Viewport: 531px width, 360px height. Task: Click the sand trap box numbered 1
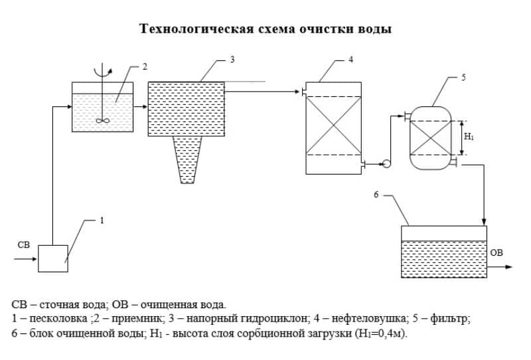point(53,258)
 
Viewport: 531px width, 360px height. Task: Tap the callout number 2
point(145,67)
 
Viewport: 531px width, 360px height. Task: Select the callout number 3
point(232,60)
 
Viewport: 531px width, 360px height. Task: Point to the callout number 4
point(350,59)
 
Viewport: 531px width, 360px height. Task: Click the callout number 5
point(463,77)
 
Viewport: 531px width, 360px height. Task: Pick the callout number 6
point(376,195)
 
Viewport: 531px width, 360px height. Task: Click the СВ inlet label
point(24,244)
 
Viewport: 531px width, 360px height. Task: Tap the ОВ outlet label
point(496,252)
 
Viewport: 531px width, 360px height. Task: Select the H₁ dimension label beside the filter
point(469,137)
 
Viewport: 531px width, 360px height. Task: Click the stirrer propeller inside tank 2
point(102,120)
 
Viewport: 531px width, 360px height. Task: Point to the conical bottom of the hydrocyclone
point(187,160)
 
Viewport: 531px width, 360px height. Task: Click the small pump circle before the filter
point(386,164)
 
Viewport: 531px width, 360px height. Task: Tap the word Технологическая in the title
point(196,29)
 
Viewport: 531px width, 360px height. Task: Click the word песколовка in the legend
point(58,319)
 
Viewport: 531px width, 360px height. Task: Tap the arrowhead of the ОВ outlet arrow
point(509,267)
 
